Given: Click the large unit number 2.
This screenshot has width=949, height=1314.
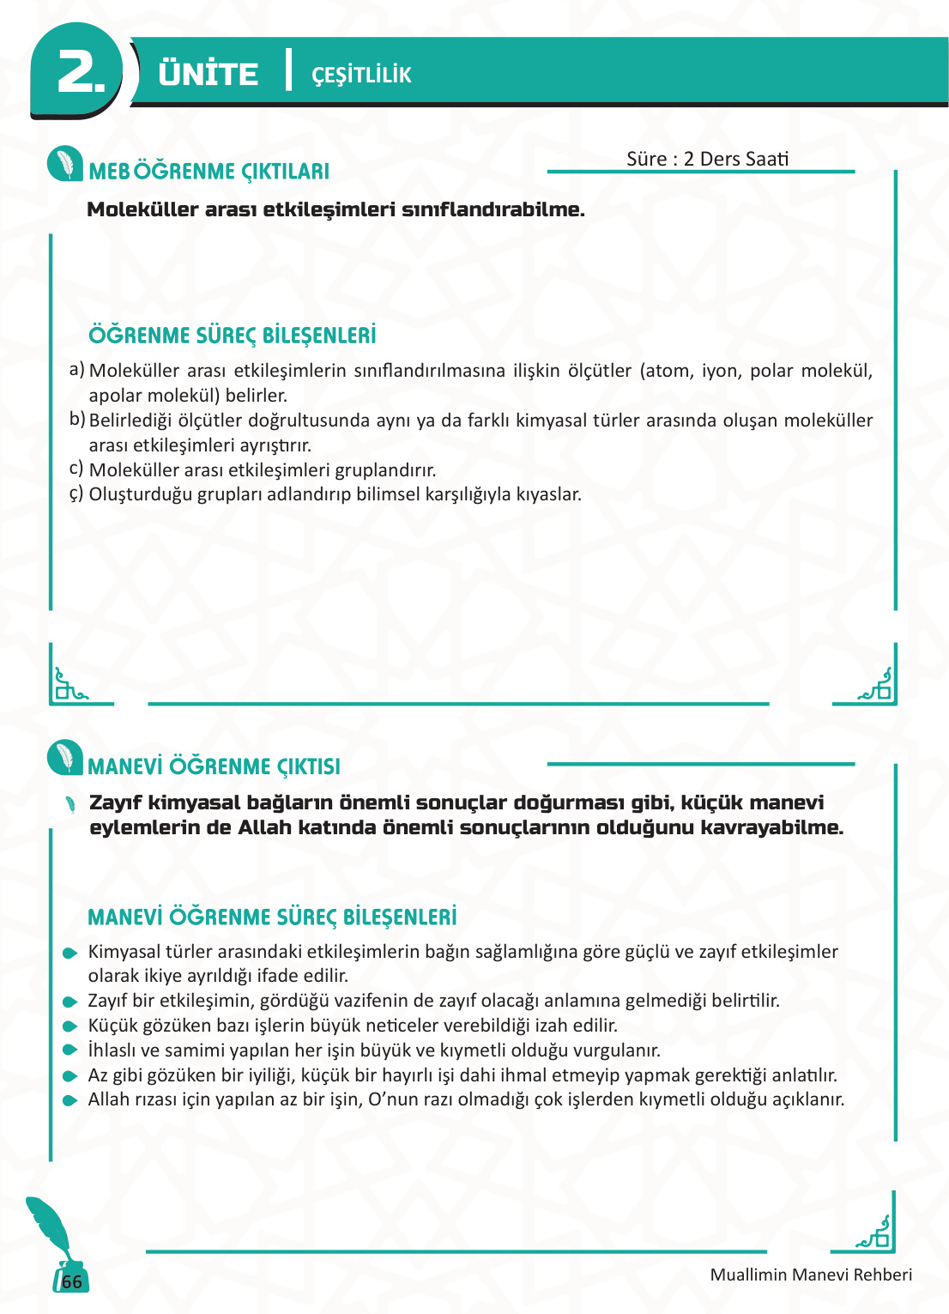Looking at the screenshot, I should click(80, 72).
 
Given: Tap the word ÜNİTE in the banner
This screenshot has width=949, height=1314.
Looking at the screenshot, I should click(209, 74).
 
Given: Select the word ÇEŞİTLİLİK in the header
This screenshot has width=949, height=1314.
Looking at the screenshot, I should click(361, 76).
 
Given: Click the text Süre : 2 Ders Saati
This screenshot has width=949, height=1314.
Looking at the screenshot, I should click(707, 159).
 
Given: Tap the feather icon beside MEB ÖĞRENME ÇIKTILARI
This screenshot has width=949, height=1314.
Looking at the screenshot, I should click(65, 164).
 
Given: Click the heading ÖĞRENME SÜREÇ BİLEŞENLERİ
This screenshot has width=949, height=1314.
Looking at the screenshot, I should click(233, 336).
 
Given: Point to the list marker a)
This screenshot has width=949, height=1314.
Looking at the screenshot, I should click(77, 369).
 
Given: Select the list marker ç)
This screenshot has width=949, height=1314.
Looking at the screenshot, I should click(76, 494).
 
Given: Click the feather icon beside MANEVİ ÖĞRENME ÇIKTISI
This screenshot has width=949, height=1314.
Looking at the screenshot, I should click(65, 758).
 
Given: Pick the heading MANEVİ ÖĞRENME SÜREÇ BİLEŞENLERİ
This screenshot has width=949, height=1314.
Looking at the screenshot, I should click(272, 917).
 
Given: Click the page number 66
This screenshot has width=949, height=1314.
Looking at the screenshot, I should click(72, 1281).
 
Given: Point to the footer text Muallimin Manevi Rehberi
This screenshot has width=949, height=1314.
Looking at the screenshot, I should click(811, 1275).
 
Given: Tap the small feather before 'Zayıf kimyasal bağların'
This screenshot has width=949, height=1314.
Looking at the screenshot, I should click(70, 804).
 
